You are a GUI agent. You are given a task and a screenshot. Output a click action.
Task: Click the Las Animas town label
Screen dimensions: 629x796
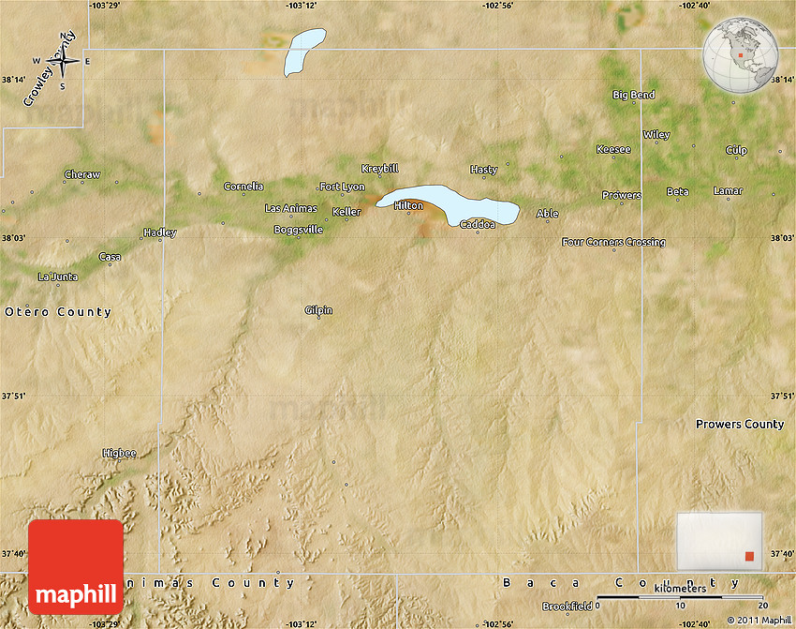[290, 208]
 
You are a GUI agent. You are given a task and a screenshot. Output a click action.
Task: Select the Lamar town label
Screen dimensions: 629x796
[728, 191]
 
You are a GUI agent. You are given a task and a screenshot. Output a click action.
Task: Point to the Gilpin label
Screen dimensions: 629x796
[318, 310]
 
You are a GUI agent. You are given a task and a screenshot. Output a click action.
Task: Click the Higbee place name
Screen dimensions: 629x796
[119, 454]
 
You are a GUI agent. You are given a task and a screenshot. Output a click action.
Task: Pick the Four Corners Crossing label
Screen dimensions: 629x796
[613, 242]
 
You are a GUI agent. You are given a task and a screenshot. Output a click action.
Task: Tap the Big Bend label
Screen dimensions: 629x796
[634, 95]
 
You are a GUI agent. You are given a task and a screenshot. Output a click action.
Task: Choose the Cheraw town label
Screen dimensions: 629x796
[82, 174]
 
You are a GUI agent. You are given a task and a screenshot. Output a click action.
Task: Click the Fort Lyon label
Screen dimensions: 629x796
[342, 187]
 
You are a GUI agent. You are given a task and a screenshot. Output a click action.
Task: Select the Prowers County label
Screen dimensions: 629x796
[740, 425]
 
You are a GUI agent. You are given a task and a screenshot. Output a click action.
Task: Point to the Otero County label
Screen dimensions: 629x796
[58, 312]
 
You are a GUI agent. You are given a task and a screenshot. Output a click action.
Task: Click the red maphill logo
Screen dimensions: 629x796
[76, 567]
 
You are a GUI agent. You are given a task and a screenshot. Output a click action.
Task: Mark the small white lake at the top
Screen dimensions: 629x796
[303, 51]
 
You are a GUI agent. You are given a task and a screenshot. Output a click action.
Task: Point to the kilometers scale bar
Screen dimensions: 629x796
[680, 596]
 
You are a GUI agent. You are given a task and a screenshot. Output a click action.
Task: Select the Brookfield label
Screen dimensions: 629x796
[568, 607]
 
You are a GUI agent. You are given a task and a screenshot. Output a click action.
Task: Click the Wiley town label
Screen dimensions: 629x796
[656, 135]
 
